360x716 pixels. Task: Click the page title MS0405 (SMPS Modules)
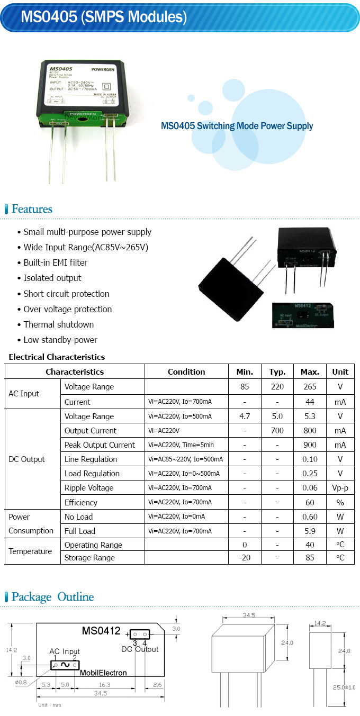point(104,17)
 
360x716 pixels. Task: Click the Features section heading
point(32,209)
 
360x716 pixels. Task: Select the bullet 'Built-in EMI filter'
point(56,262)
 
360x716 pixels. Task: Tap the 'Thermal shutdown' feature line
point(59,324)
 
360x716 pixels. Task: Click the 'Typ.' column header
point(277,371)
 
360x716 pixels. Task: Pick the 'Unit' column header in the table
point(340,371)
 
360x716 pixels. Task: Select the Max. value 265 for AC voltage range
point(310,387)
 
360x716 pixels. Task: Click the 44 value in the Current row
point(310,402)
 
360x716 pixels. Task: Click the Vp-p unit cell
point(340,488)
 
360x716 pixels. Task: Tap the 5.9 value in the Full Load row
point(310,531)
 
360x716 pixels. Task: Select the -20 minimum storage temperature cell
point(245,558)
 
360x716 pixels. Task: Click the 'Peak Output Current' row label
point(100,445)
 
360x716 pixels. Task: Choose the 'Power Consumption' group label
point(31,524)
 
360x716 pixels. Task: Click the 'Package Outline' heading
point(52,597)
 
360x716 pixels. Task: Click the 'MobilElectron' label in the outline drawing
point(103,673)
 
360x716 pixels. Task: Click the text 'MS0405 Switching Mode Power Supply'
point(237,126)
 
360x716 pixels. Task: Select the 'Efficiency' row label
point(81,502)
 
